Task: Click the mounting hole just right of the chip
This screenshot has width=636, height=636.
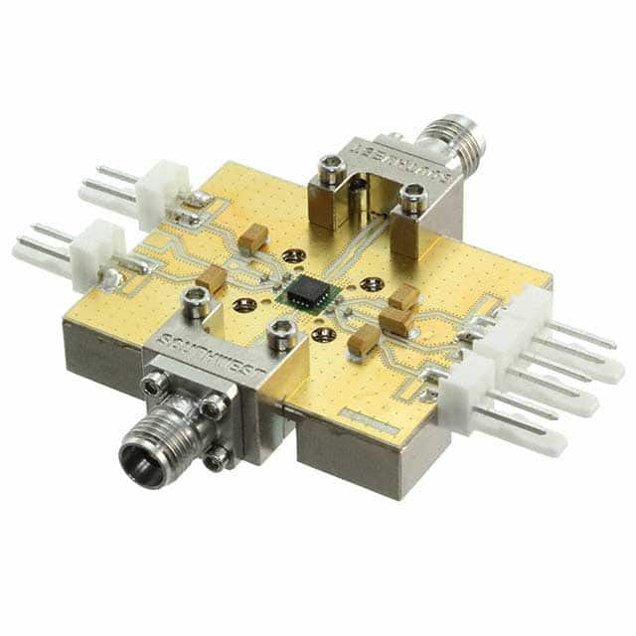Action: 371,284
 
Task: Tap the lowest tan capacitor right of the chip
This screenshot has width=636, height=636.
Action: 362,341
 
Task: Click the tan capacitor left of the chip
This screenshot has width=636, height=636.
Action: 211,278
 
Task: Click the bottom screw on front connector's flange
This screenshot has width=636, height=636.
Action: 217,457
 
